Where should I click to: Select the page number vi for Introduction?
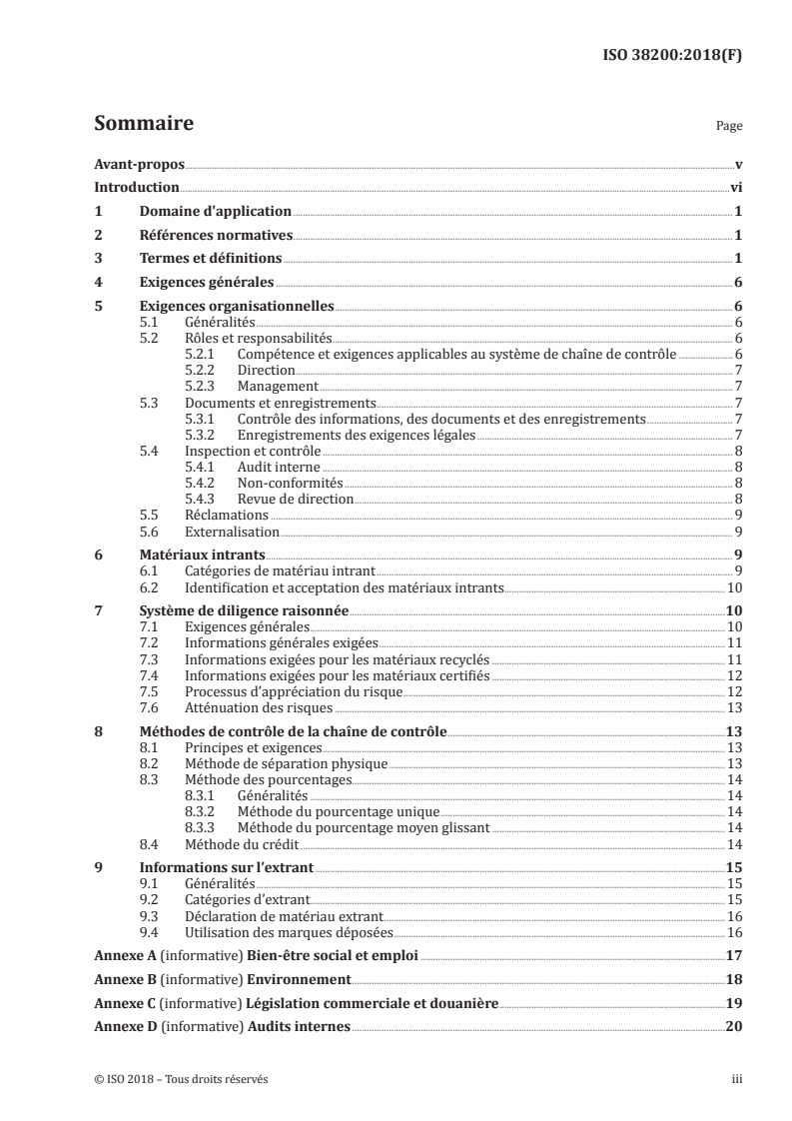point(734,187)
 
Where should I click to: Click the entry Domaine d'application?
point(216,211)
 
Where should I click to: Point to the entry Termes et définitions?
point(211,259)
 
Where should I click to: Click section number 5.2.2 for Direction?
point(204,370)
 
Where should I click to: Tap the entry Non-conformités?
point(284,483)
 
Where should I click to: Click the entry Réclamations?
point(227,515)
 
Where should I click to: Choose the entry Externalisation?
point(233,532)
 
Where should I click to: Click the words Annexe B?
point(121,979)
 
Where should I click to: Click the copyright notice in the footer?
point(181,1079)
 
